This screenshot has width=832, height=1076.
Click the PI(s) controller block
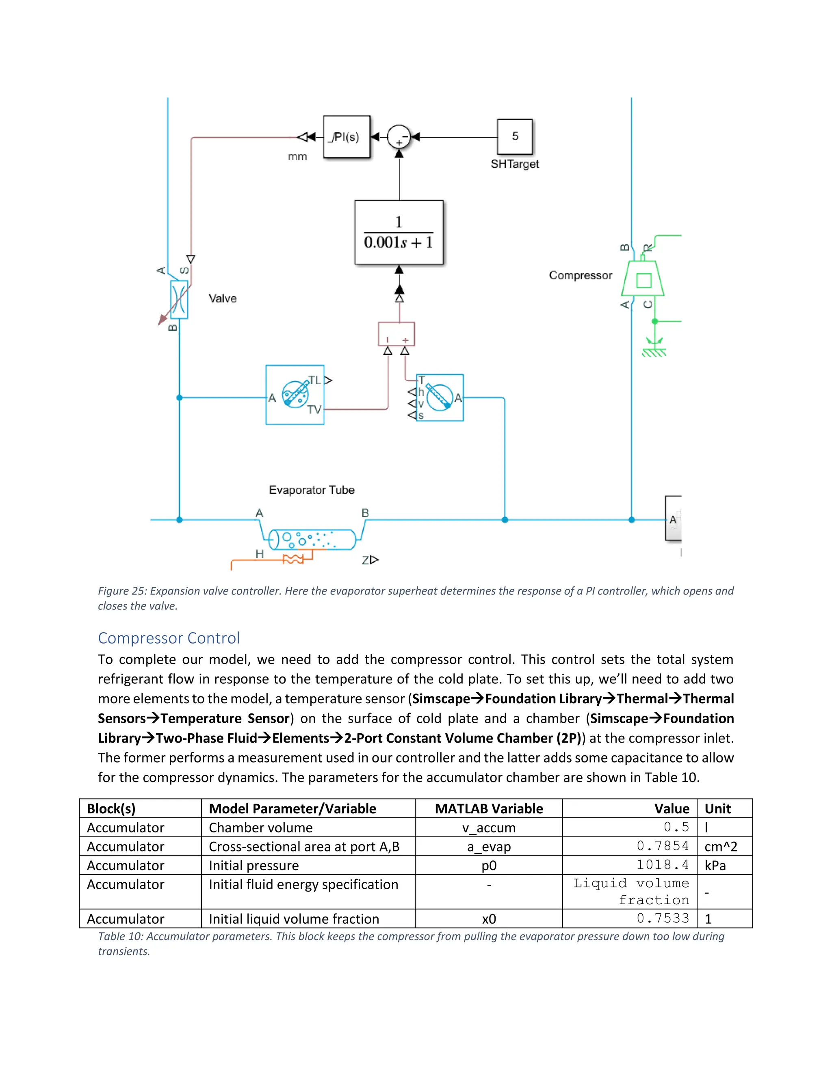coord(347,137)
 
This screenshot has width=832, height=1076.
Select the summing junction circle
coord(399,137)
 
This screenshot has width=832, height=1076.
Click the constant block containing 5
coord(515,136)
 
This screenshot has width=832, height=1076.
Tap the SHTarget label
coord(515,164)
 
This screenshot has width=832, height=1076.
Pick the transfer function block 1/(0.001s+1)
coord(399,232)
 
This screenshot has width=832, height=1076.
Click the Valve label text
coord(222,298)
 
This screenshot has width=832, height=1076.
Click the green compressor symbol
coord(643,280)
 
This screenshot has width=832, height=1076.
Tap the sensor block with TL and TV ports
coord(295,395)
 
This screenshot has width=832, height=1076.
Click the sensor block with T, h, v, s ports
coord(440,398)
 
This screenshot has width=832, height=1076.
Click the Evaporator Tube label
coord(312,490)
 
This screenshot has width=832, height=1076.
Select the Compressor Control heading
coord(169,638)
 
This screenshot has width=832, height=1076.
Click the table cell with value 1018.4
coord(662,865)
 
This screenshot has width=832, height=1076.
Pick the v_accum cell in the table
coord(488,828)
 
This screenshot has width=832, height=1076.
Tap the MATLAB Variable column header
coord(488,808)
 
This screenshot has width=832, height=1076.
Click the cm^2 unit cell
coord(721,847)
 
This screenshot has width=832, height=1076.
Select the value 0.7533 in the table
coord(663,918)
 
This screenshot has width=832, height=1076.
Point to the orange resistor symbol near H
coord(293,559)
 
